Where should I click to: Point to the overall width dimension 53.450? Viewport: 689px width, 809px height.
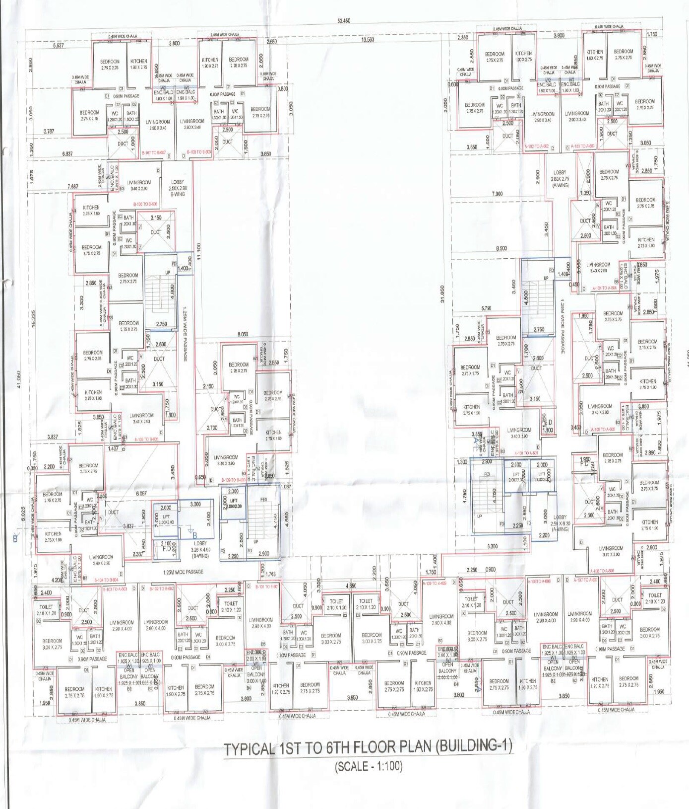coord(343,21)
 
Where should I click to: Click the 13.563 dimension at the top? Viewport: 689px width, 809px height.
coord(368,39)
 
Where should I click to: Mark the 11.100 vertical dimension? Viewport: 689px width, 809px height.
coord(199,252)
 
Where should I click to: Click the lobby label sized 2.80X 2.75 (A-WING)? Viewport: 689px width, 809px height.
coord(560,179)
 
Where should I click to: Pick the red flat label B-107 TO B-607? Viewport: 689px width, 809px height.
coord(153,153)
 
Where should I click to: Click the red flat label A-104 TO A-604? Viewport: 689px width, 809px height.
coord(605,288)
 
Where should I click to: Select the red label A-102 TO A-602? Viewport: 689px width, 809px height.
coord(536,147)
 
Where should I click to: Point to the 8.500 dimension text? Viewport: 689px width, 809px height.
coord(501,248)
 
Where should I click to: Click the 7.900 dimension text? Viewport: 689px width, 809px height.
coord(497,194)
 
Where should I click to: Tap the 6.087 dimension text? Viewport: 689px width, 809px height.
coord(141,494)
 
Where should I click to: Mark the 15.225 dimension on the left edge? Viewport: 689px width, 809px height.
coord(33,318)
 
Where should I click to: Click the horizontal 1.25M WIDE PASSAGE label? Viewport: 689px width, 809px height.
coord(183,572)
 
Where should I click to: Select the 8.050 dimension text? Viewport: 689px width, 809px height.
coord(243,334)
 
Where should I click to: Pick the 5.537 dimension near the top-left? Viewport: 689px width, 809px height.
coord(58,46)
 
